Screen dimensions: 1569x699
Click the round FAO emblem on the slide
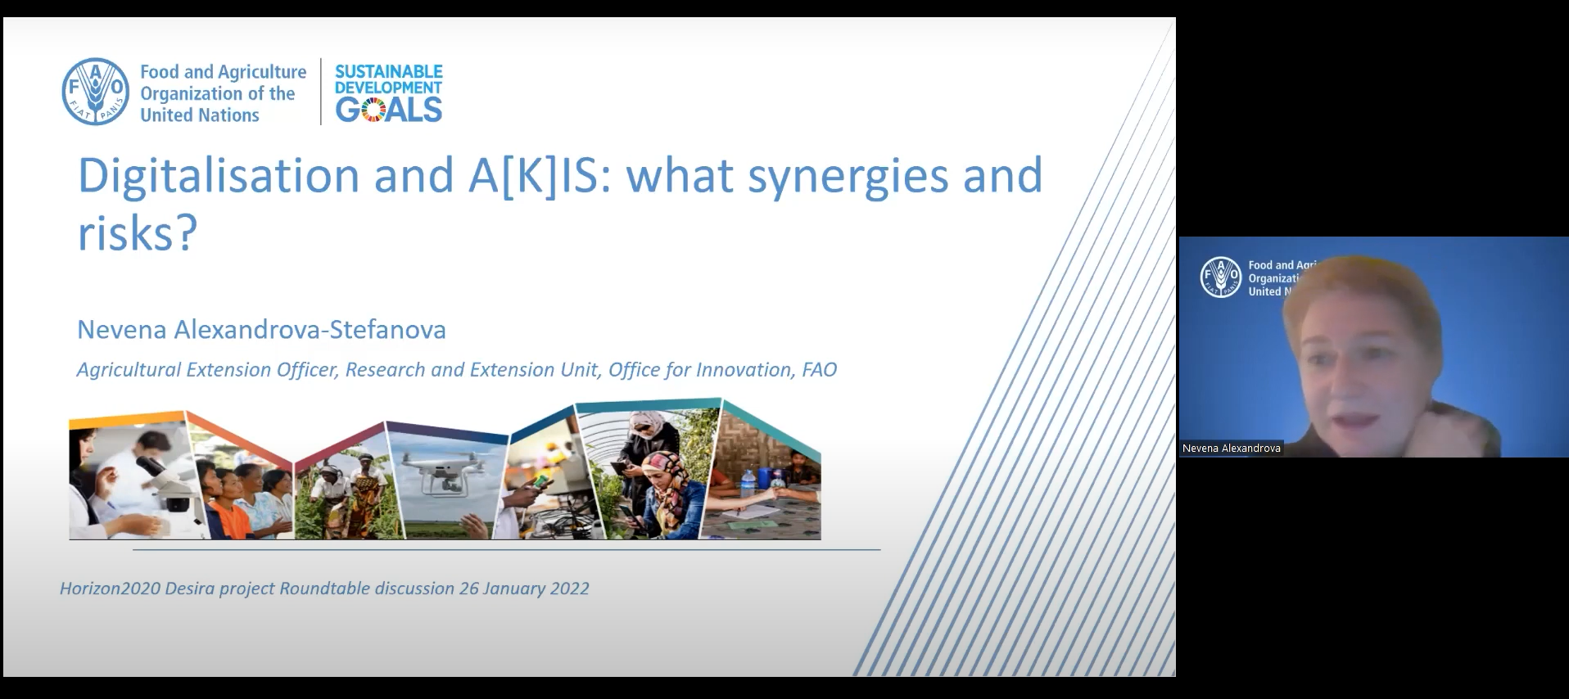96,92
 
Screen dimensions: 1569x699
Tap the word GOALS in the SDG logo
389,110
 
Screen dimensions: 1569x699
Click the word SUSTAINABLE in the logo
389,71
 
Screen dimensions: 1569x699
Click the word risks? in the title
138,232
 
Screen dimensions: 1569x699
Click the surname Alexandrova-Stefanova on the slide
310,329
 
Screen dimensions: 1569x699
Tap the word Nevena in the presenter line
121,329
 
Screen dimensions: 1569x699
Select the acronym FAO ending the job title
820,370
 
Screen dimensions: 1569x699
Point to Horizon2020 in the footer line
110,589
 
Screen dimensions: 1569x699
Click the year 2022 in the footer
569,589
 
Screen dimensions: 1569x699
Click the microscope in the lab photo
168,483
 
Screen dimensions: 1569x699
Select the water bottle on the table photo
747,483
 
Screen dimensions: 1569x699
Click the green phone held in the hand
540,481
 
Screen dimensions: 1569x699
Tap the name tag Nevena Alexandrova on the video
1232,449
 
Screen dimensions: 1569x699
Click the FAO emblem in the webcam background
1220,277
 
